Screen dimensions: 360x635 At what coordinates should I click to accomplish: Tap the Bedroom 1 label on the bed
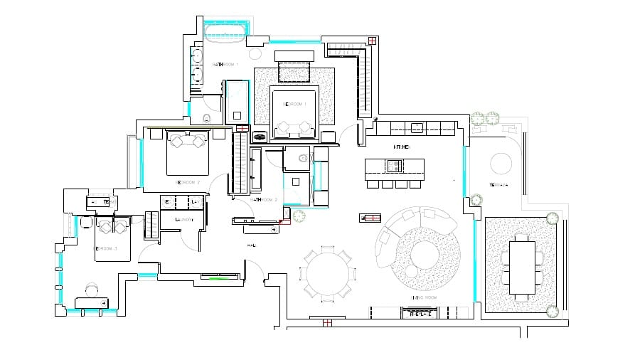(x=295, y=104)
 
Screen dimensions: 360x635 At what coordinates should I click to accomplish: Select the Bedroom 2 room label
(x=188, y=182)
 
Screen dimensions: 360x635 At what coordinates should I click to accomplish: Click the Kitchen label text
(x=402, y=147)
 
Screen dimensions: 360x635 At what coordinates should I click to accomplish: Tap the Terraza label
(x=498, y=185)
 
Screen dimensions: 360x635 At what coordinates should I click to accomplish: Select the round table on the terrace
(x=503, y=164)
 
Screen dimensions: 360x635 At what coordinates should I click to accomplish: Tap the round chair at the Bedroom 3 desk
(x=92, y=290)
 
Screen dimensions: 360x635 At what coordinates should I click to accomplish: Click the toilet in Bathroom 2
(x=303, y=158)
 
